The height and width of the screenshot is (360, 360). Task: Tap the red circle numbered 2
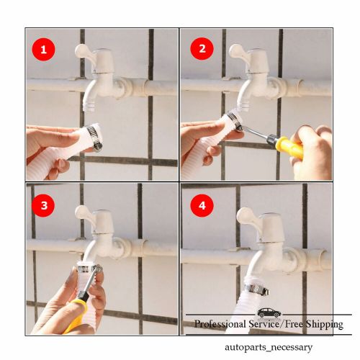pyautogui.click(x=197, y=50)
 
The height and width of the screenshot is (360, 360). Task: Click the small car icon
pyautogui.click(x=269, y=312)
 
